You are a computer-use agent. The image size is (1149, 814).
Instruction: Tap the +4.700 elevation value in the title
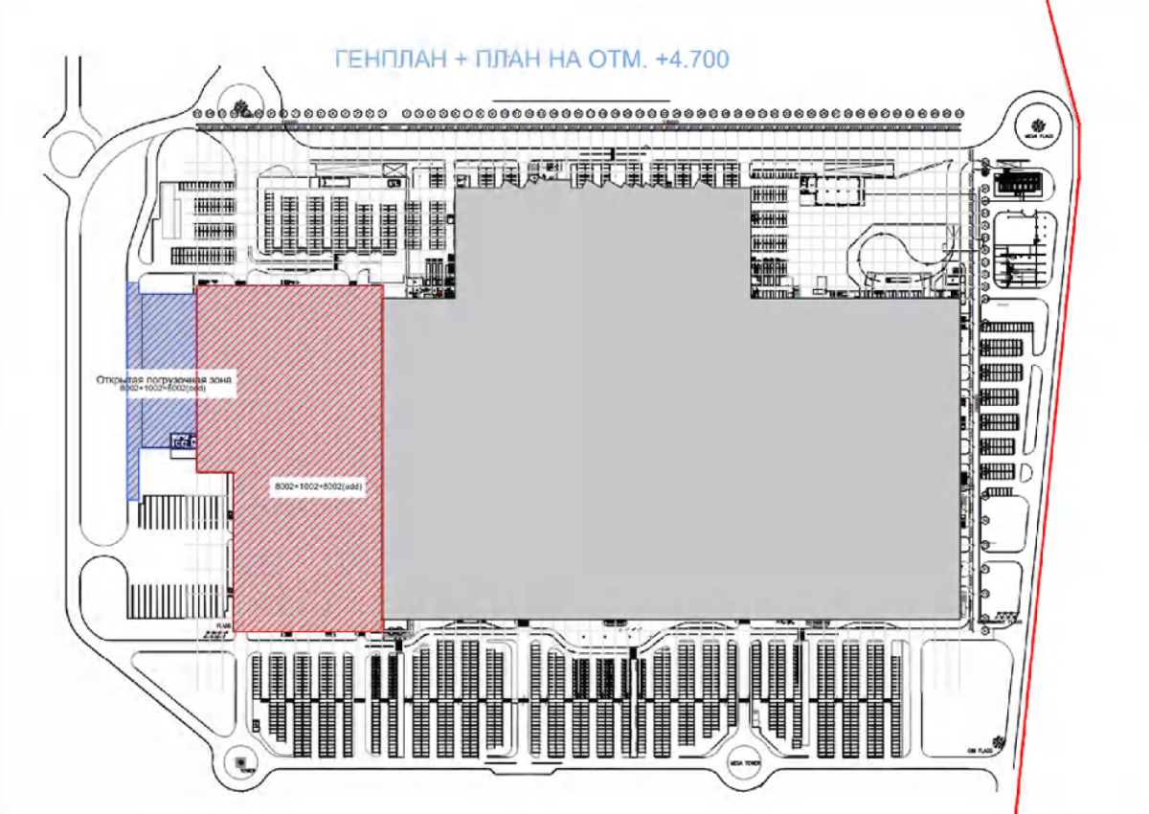pyautogui.click(x=692, y=59)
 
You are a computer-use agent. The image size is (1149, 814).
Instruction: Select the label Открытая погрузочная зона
pyautogui.click(x=165, y=379)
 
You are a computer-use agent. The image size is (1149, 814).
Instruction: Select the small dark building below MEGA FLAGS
pyautogui.click(x=1019, y=183)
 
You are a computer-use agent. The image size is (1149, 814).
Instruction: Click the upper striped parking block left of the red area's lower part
pyautogui.click(x=182, y=512)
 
